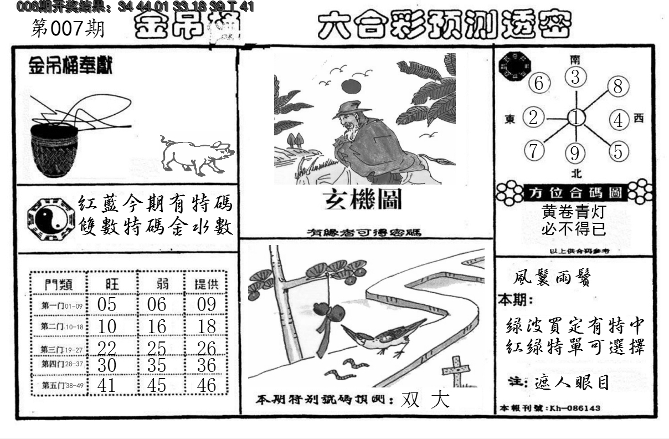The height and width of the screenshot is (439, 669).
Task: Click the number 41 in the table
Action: [x=106, y=385]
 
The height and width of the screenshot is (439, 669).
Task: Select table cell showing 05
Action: [x=106, y=304]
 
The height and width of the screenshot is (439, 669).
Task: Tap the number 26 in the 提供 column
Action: [x=206, y=349]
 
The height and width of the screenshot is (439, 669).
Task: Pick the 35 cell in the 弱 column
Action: [x=157, y=366]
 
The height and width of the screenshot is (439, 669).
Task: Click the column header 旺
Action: [x=111, y=284]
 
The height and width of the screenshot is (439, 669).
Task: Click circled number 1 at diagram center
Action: [x=577, y=118]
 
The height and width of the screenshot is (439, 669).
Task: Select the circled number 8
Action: [x=618, y=86]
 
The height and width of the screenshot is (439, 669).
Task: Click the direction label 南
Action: [x=576, y=59]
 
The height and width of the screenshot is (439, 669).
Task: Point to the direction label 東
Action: [x=510, y=118]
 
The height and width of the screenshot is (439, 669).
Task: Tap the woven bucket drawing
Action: [x=54, y=150]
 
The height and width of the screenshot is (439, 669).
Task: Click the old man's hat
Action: [x=351, y=109]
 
